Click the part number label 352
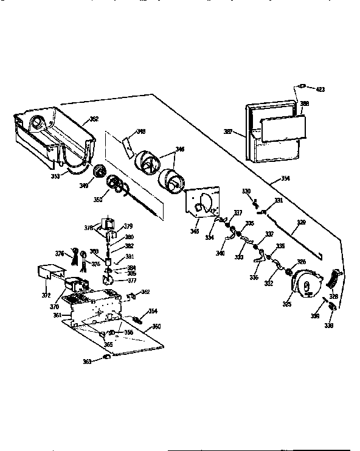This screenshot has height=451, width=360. click(94, 119)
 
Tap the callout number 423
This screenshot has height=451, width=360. click(320, 89)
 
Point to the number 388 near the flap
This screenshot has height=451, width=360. click(304, 104)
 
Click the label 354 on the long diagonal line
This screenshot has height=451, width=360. click(285, 180)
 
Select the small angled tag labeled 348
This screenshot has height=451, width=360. click(128, 145)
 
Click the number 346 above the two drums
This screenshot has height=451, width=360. click(180, 149)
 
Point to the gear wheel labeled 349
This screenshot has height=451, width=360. click(98, 172)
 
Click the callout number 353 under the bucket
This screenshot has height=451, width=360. click(54, 177)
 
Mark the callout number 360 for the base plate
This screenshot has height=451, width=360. click(156, 327)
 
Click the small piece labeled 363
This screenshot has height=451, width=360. click(107, 359)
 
